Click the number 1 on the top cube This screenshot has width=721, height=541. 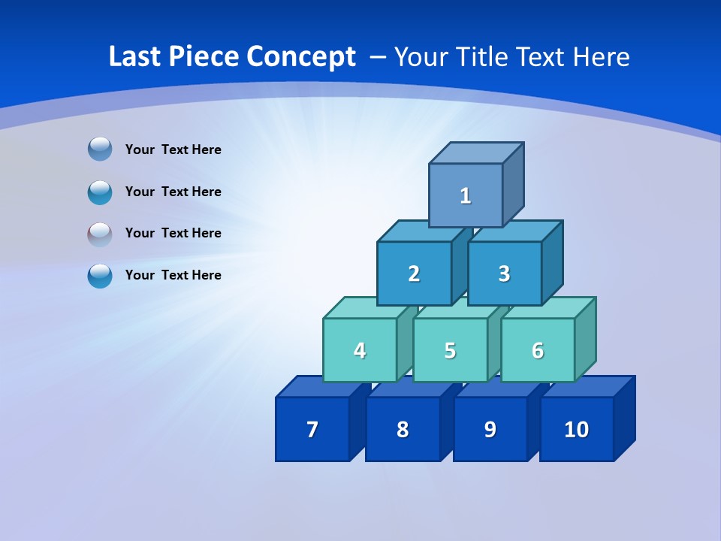pyautogui.click(x=466, y=195)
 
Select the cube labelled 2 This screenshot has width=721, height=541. pyautogui.click(x=414, y=274)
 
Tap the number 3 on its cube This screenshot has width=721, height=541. pyautogui.click(x=504, y=274)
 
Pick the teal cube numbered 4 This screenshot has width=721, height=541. pyautogui.click(x=360, y=350)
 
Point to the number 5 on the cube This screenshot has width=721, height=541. pyautogui.click(x=450, y=350)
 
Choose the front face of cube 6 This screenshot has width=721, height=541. pyautogui.click(x=538, y=350)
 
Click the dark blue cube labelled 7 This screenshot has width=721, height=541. pyautogui.click(x=312, y=429)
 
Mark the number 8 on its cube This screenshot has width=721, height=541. pyautogui.click(x=403, y=429)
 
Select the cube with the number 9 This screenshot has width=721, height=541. pyautogui.click(x=490, y=429)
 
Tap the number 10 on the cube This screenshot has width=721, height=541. pyautogui.click(x=576, y=429)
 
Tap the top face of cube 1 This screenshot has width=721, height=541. pyautogui.click(x=476, y=153)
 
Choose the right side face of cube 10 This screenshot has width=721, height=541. pyautogui.click(x=624, y=419)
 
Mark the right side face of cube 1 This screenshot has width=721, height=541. pyautogui.click(x=513, y=184)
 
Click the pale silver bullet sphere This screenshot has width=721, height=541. pyautogui.click(x=100, y=234)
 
